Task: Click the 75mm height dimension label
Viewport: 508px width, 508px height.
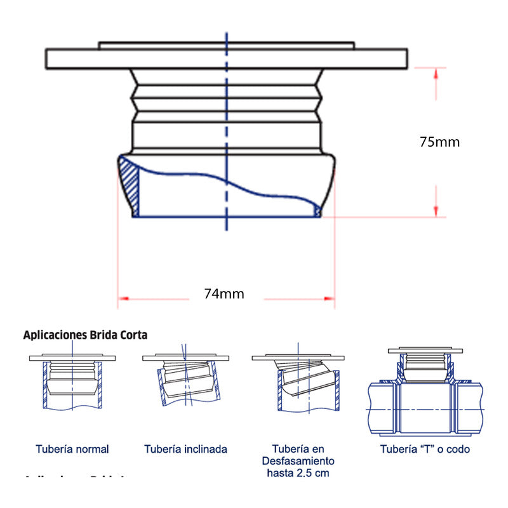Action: point(439,142)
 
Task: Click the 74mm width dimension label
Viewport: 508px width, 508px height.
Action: point(224,293)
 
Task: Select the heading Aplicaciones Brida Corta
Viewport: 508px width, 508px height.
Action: point(85,334)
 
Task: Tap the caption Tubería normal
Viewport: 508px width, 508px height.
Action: point(72,449)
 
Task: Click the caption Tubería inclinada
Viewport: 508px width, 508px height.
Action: point(185,449)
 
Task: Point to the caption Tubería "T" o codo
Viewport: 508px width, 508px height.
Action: point(425,449)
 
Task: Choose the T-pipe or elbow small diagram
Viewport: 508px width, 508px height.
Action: point(425,394)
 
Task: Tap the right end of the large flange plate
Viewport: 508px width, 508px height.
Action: point(404,58)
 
